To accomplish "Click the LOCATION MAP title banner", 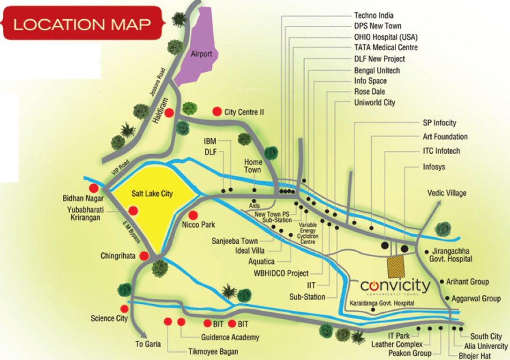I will (82, 23).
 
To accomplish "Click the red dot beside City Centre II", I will (217, 112).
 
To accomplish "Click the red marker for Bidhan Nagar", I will (94, 188).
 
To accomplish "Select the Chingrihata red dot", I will (144, 256).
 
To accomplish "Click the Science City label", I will (109, 319).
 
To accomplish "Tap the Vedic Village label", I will (447, 193).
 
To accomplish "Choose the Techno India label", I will (374, 15).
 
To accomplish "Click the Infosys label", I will (434, 167).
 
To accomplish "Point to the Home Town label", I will (253, 165).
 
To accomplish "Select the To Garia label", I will (148, 344).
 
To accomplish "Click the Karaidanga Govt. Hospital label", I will (382, 303).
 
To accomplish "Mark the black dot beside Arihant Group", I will (442, 281).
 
